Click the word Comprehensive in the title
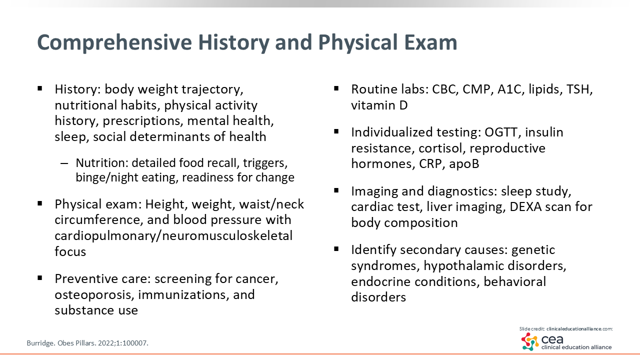coord(114,43)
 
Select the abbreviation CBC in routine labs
coord(445,89)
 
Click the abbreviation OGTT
coord(503,132)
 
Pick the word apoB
coord(463,164)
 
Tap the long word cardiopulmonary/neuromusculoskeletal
coord(173,236)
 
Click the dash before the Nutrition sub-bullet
coord(64,163)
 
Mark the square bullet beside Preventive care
coord(39,278)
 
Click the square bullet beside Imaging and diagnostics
coord(336,190)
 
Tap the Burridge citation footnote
coord(87,343)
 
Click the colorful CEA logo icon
coord(530,341)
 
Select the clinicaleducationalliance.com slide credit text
coord(579,329)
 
